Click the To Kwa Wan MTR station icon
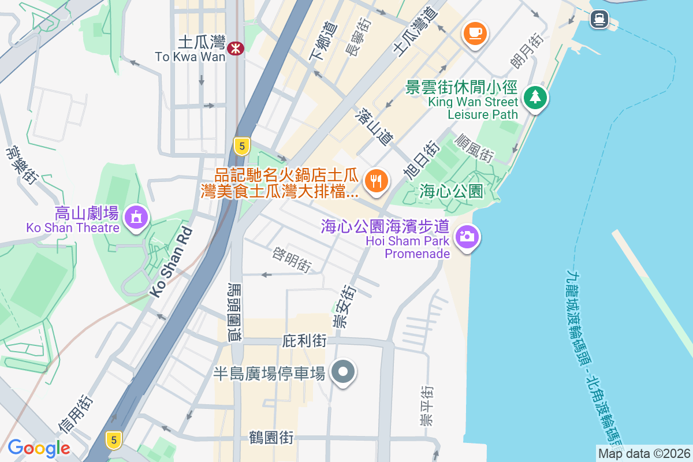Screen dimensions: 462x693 pyautogui.click(x=236, y=49)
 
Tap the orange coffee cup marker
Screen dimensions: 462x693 pyautogui.click(x=475, y=32)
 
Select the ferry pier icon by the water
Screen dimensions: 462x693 pyautogui.click(x=599, y=20)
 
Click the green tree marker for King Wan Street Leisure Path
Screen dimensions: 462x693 pyautogui.click(x=535, y=97)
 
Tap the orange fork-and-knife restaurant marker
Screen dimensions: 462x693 pyautogui.click(x=377, y=181)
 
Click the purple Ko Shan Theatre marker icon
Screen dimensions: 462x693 pyautogui.click(x=136, y=217)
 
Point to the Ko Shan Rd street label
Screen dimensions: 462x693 pyautogui.click(x=172, y=262)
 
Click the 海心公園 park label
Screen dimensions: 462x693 pyautogui.click(x=451, y=191)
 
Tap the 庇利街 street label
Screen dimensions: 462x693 pyautogui.click(x=304, y=341)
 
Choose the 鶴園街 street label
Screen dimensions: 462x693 pyautogui.click(x=272, y=438)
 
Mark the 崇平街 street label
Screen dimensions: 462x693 pyautogui.click(x=427, y=408)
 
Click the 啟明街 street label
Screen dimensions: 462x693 pyautogui.click(x=292, y=261)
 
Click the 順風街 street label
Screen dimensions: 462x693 pyautogui.click(x=475, y=148)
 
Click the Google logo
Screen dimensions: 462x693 pyautogui.click(x=39, y=448)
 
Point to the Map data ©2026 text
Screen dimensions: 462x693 pyautogui.click(x=643, y=453)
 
